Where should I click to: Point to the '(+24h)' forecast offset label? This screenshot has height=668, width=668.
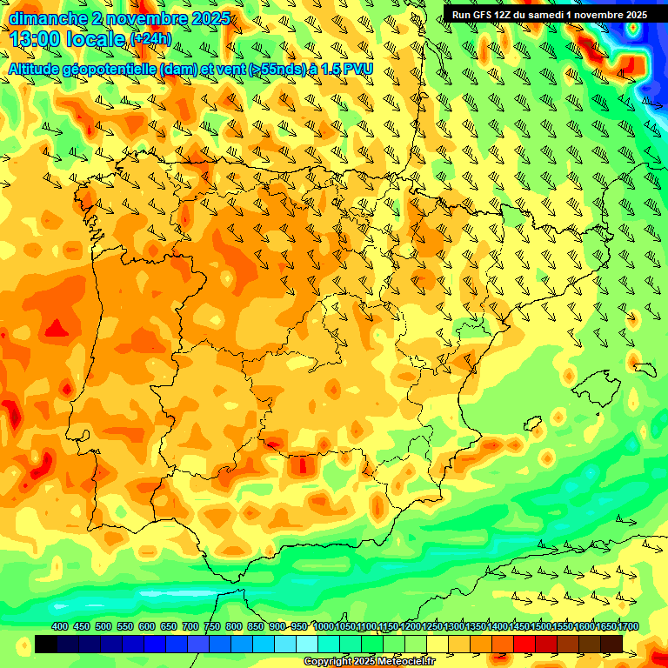pos(150,39)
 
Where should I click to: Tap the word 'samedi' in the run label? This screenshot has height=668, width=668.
pos(541,14)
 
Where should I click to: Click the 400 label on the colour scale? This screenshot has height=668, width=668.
pos(59,626)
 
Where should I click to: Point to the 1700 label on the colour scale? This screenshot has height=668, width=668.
pos(605,626)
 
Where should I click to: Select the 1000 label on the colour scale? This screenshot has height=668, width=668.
pos(324,626)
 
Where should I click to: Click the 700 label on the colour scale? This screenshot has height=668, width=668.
pos(190,626)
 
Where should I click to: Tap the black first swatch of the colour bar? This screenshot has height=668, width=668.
pos(46,644)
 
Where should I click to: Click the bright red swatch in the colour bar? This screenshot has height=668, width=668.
pos(524,644)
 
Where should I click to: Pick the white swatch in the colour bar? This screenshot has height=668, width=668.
pos(307,644)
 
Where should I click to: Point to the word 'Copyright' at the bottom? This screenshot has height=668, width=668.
pos(329,662)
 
